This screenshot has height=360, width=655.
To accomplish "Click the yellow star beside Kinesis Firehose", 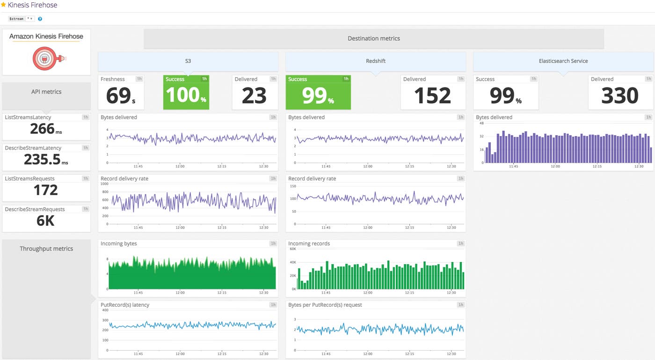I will tap(4, 5).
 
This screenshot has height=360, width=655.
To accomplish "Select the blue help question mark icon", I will tap(40, 19).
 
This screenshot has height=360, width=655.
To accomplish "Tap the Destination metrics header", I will tap(373, 38).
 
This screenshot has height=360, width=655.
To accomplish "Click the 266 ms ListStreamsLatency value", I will tap(45, 129).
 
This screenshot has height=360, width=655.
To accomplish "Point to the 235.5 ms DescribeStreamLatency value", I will tap(45, 159).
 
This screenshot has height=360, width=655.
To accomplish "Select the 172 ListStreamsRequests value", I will tap(45, 190).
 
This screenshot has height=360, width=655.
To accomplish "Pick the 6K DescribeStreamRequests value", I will tap(45, 221).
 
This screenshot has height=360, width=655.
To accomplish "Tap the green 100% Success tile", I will tap(186, 95).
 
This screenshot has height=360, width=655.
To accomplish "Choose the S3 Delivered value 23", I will tap(254, 96).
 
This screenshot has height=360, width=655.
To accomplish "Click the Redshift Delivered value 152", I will tap(432, 96).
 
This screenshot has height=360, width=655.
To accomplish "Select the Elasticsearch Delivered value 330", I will tap(619, 96).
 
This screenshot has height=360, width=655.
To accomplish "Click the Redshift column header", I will tap(375, 61).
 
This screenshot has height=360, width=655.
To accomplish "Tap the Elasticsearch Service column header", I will tap(563, 61).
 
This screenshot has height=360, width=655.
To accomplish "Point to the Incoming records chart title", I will tap(309, 244).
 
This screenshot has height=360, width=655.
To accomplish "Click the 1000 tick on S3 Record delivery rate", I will tap(104, 184).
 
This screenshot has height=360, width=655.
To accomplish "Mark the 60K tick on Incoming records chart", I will tap(293, 249).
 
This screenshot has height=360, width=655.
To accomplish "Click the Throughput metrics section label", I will tap(46, 249).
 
